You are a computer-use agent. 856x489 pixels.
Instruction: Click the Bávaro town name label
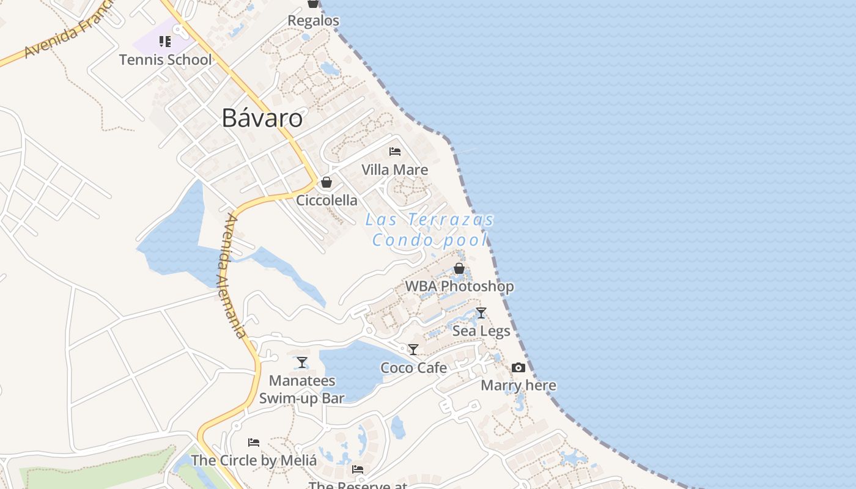(262, 117)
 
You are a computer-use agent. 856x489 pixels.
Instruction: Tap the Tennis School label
(165, 59)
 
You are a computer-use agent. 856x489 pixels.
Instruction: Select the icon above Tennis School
(164, 42)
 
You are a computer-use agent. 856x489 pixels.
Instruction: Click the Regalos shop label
(313, 20)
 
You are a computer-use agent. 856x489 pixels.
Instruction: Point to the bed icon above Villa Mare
(395, 151)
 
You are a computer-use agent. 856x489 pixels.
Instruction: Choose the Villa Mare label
(394, 169)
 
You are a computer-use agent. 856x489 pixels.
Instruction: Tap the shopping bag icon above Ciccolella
(327, 182)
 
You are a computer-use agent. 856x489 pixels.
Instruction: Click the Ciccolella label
(327, 200)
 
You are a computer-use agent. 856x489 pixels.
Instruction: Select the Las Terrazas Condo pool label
(430, 229)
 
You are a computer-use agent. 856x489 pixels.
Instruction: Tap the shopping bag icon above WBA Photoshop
(459, 268)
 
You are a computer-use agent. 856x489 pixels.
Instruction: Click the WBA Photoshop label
(459, 286)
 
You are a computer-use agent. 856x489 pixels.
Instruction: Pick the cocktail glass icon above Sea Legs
(481, 313)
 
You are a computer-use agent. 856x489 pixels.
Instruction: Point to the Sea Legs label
(481, 331)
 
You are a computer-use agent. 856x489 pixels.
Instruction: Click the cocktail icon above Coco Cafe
(413, 350)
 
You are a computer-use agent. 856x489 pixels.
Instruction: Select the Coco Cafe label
(413, 367)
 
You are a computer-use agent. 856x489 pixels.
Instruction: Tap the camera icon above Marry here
(518, 367)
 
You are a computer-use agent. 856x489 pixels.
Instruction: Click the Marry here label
(518, 385)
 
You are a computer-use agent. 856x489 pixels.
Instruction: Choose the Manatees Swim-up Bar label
(302, 389)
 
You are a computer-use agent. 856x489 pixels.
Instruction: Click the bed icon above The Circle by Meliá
(254, 442)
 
